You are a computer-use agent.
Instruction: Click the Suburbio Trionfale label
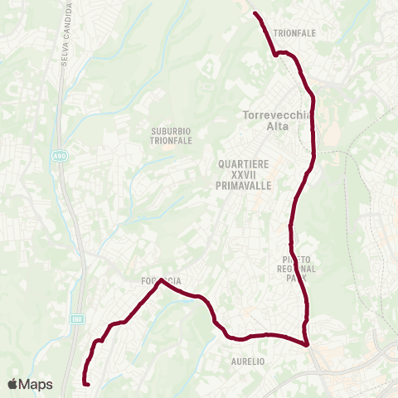tap(172, 135)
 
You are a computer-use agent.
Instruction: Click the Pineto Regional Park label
tap(289, 269)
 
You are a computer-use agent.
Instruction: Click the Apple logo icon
tap(12, 384)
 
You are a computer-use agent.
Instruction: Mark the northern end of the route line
tap(255, 13)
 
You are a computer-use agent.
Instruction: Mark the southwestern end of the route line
tap(86, 382)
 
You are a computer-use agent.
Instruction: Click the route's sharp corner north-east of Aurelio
tap(306, 344)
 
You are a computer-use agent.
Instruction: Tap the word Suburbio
tap(172, 130)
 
